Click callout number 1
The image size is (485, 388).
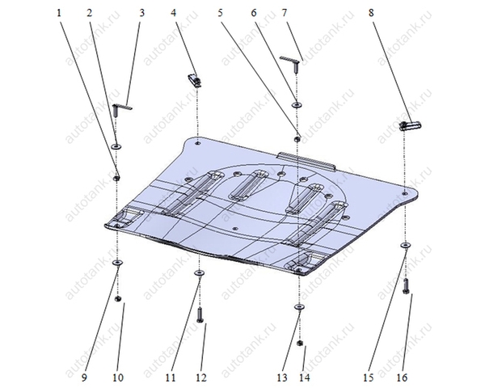(59, 13)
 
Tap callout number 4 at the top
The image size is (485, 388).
(174, 13)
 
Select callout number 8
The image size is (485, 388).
(371, 13)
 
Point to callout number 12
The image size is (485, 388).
(201, 377)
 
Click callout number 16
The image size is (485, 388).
(402, 377)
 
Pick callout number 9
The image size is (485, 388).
(84, 377)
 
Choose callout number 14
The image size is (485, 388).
(304, 377)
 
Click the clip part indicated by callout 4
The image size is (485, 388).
(195, 80)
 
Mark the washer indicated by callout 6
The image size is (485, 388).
(297, 104)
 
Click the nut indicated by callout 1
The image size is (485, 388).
(117, 178)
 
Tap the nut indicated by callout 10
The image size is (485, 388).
(117, 298)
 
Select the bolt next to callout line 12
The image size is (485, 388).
(200, 315)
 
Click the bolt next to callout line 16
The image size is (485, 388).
(406, 286)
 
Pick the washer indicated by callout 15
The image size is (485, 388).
(406, 245)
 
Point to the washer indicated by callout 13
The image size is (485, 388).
(299, 306)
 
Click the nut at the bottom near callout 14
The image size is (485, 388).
(299, 343)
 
